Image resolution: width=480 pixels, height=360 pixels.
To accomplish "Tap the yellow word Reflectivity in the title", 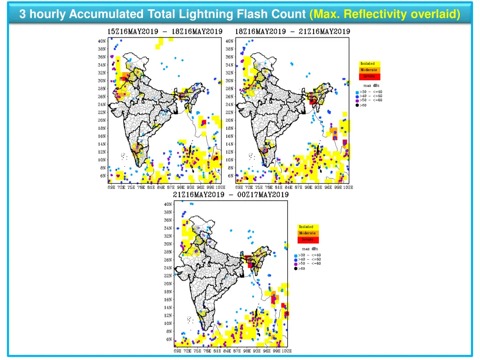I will tap(375, 15).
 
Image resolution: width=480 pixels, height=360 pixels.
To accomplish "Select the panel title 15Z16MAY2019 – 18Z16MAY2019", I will tap(165, 31).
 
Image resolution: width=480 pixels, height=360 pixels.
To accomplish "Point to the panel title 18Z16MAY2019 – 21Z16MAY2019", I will tap(292, 31).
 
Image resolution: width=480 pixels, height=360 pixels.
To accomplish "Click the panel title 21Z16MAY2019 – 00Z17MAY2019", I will tap(231, 195).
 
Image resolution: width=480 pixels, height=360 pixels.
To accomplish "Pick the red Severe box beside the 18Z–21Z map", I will tap(369, 76).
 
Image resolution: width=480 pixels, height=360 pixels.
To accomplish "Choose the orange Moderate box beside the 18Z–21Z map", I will tap(369, 70).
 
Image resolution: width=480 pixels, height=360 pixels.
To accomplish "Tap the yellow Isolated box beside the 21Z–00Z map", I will tap(308, 227).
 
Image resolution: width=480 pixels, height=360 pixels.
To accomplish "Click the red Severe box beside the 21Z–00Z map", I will tap(308, 240).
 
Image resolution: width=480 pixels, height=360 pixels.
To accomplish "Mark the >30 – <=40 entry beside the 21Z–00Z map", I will tap(309, 255).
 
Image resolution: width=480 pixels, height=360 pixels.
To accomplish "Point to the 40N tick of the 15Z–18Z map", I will tap(102, 41).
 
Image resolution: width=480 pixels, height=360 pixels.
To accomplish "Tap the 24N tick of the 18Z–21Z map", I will tap(229, 105).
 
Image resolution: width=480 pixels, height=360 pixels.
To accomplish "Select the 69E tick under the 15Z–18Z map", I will tap(111, 187).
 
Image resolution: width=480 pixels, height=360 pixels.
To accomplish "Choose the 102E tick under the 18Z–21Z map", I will tap(348, 187).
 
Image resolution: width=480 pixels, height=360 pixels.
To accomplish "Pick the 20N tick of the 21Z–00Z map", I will tap(167, 283).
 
